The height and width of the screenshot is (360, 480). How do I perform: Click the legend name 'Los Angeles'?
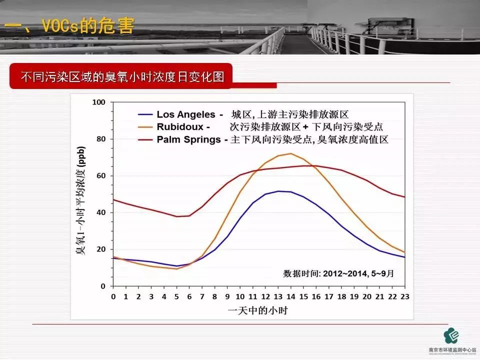(x=186, y=114)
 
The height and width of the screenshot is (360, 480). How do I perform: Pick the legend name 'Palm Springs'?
(x=188, y=139)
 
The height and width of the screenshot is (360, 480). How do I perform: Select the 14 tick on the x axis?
(x=290, y=296)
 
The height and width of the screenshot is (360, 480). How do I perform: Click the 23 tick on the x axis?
(x=405, y=296)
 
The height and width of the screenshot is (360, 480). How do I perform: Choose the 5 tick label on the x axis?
(x=176, y=296)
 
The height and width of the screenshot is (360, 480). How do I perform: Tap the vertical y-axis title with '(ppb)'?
(x=81, y=200)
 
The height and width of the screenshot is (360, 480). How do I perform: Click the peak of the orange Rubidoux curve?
(x=290, y=153)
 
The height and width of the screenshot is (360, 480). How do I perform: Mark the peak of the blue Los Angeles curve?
(x=278, y=191)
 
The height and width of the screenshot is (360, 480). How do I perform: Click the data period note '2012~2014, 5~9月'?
(x=338, y=273)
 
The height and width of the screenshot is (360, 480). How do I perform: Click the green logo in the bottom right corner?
(x=452, y=335)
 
